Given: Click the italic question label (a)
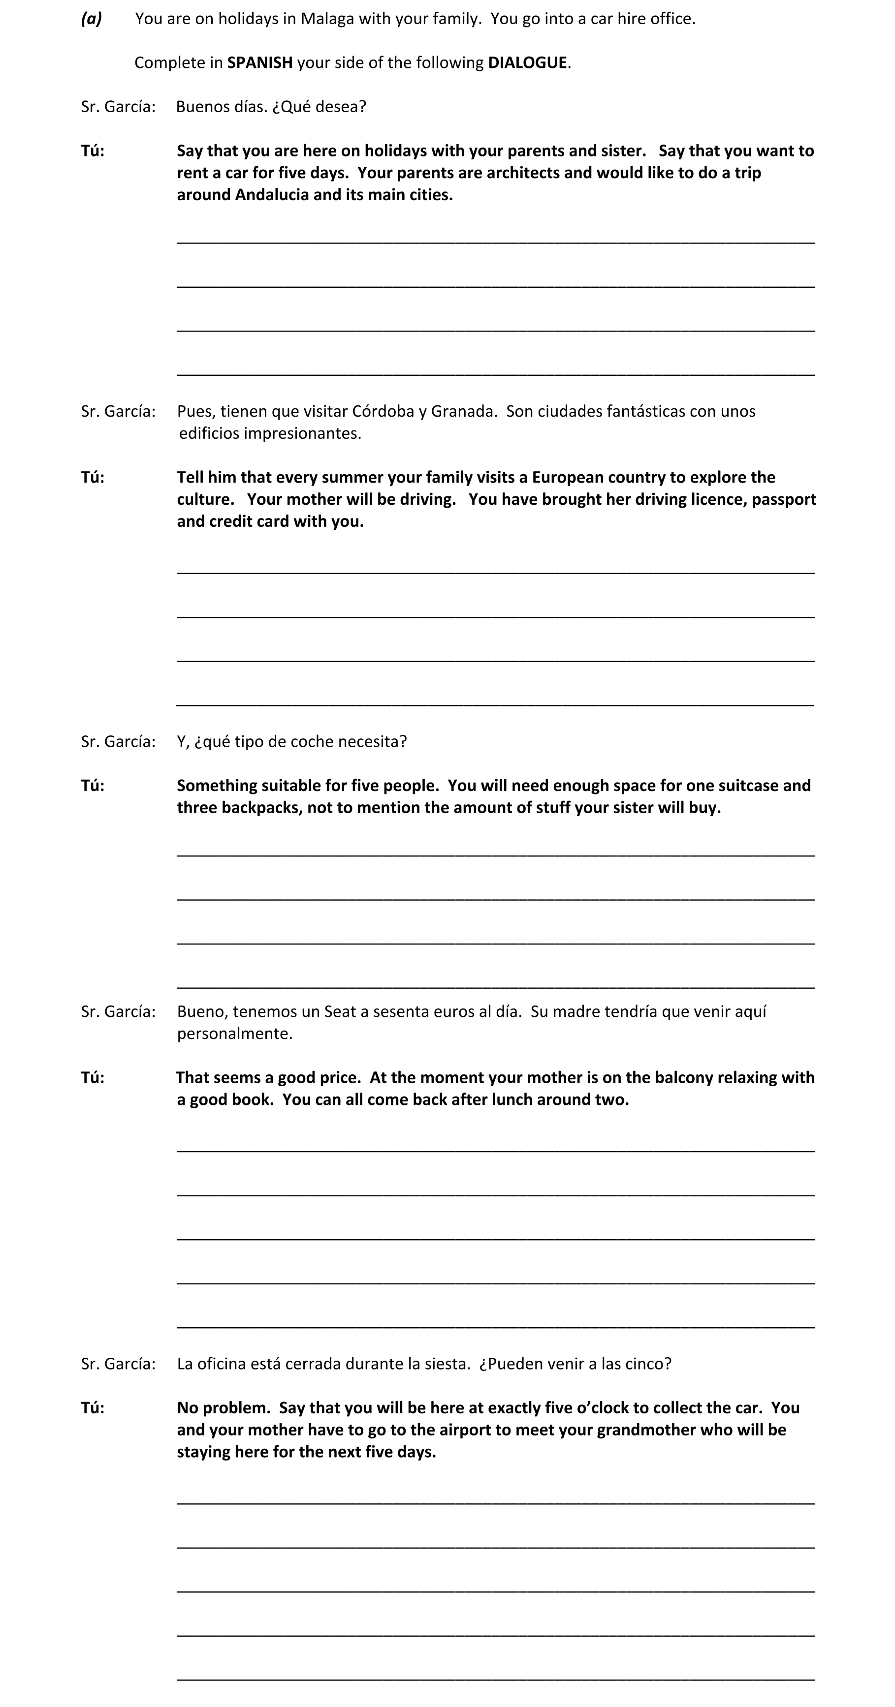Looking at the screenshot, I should pos(92,19).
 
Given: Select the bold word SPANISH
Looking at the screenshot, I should pos(260,63).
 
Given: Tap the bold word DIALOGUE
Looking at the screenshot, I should pos(527,63).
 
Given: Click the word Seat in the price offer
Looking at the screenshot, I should pos(339,1012).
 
